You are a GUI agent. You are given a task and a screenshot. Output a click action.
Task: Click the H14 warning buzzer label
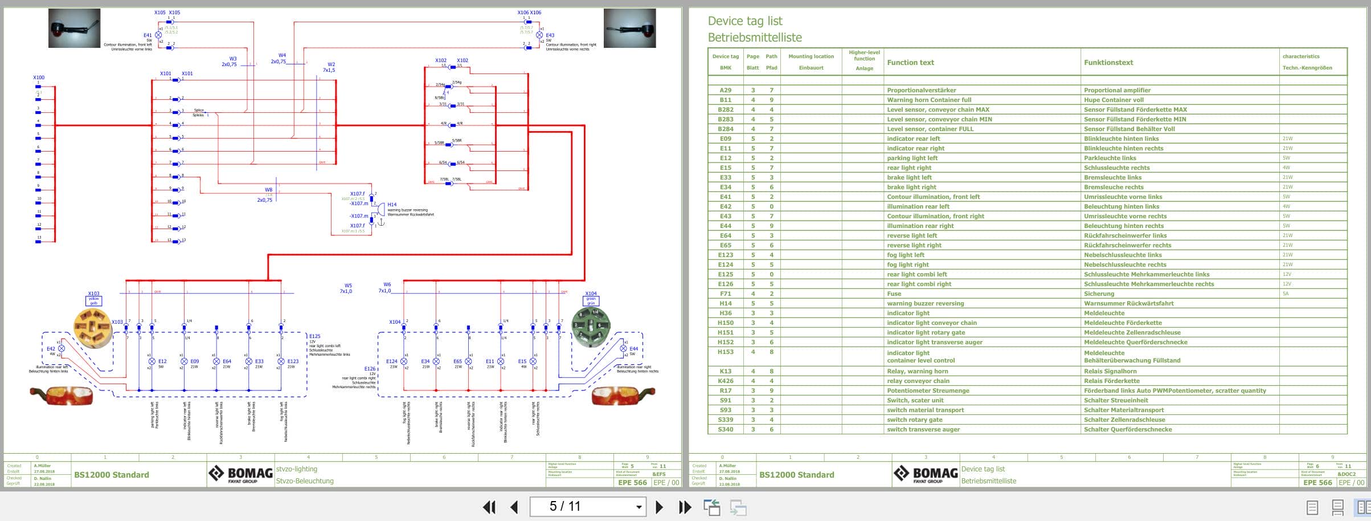[x=392, y=204]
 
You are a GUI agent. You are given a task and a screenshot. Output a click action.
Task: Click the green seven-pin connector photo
[x=591, y=327]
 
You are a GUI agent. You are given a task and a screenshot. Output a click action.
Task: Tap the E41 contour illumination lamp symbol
[x=158, y=35]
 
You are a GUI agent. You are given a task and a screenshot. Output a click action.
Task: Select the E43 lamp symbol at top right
[x=539, y=35]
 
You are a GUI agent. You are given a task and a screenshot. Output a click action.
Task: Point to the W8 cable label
[x=268, y=190]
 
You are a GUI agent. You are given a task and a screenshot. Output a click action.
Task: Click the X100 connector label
[x=39, y=78]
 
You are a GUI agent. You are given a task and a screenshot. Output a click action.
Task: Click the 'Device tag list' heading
[x=744, y=21]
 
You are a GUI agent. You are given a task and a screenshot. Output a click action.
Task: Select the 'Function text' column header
[x=910, y=63]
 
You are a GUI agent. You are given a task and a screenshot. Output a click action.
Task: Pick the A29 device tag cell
[x=725, y=90]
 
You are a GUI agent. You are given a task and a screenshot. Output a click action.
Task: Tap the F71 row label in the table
[x=725, y=294]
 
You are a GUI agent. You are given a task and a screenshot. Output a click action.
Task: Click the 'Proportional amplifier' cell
[x=1117, y=90]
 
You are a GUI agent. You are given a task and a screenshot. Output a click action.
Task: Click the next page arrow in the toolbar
[x=659, y=507]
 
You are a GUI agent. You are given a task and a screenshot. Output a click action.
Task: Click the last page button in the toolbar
[x=685, y=507]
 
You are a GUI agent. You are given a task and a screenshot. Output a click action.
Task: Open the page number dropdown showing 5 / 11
[x=639, y=507]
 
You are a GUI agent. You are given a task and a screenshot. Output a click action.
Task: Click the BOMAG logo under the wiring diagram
[x=240, y=474]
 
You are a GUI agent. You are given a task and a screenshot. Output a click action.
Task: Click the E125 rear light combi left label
[x=314, y=336]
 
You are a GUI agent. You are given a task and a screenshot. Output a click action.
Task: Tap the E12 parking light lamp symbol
[x=152, y=361]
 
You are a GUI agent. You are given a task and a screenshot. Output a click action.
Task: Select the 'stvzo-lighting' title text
[x=296, y=469]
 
